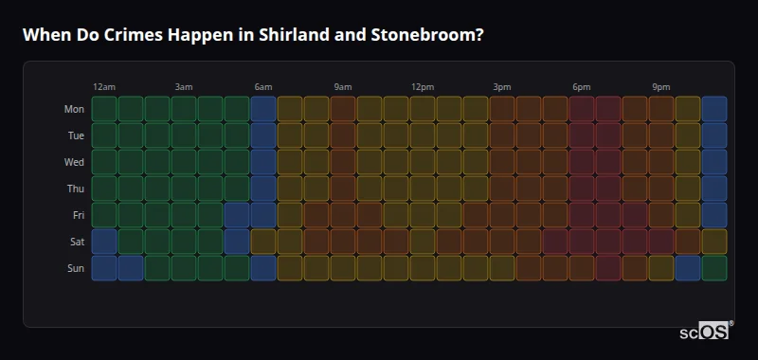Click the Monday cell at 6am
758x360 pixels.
click(x=263, y=109)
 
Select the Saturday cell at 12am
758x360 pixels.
click(x=104, y=242)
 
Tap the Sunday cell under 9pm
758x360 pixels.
click(x=661, y=268)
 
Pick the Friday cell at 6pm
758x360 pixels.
click(x=582, y=215)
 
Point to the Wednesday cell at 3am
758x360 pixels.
click(x=184, y=162)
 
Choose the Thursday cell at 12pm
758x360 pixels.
click(x=423, y=189)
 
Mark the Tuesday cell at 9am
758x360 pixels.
click(x=343, y=135)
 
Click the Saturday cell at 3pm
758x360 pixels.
click(x=502, y=242)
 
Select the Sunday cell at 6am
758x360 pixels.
click(x=263, y=268)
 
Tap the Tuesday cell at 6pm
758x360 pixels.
click(x=582, y=135)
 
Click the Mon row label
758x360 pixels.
click(x=74, y=109)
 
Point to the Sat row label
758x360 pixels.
click(x=76, y=242)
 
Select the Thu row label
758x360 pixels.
click(x=75, y=189)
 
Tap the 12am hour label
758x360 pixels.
click(x=104, y=87)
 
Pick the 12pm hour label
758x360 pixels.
click(x=423, y=87)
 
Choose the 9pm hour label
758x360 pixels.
click(x=661, y=87)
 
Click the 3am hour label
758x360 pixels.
click(x=184, y=87)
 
